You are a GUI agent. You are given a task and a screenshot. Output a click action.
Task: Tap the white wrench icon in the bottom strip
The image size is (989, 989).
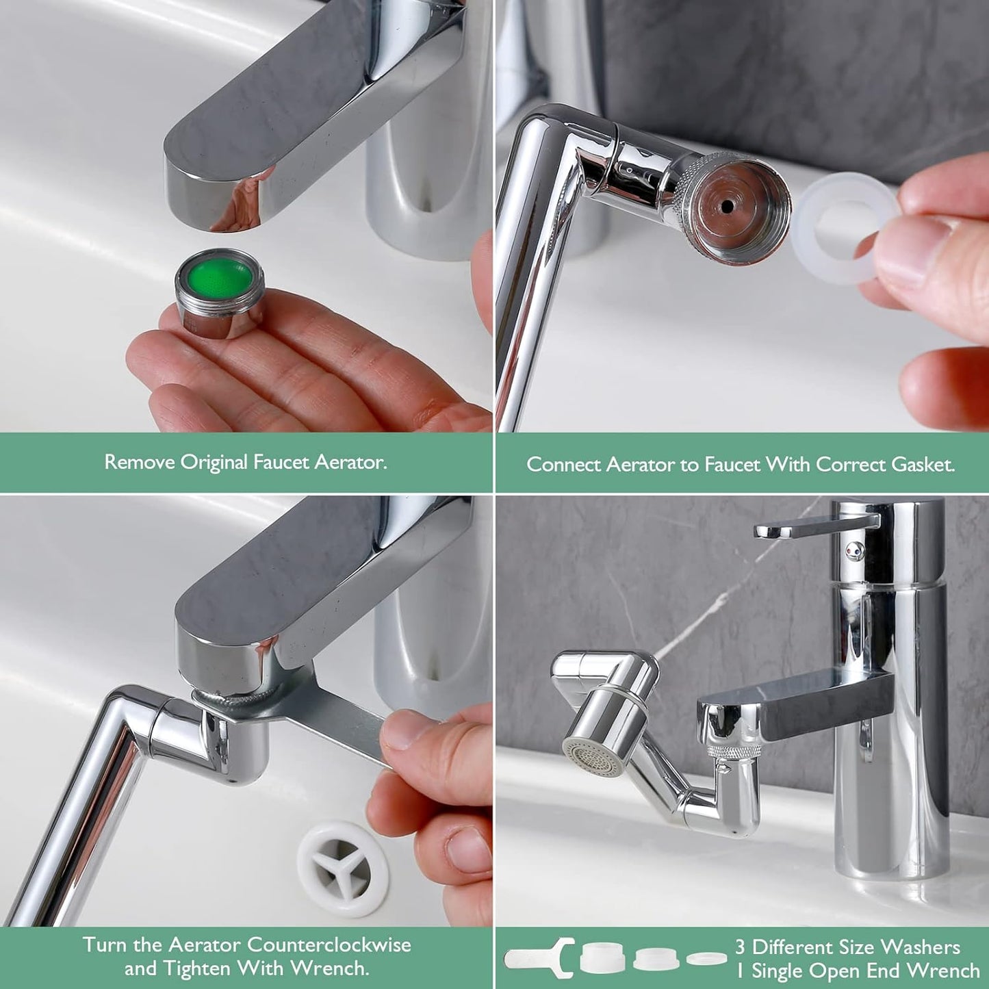pos(539,958)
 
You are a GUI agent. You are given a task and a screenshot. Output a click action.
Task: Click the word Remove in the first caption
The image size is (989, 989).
pos(140,463)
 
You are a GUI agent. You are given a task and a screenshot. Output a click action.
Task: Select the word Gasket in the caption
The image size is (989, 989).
pos(923,465)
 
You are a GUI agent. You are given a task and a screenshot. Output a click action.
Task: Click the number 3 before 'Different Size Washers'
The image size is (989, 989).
pos(740,947)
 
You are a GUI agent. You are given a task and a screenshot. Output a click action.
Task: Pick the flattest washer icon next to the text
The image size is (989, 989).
pos(706,958)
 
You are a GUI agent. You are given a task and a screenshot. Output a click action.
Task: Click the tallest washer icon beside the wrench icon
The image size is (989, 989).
pos(602,958)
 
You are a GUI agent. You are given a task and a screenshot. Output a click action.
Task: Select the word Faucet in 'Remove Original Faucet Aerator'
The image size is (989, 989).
pos(281,463)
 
